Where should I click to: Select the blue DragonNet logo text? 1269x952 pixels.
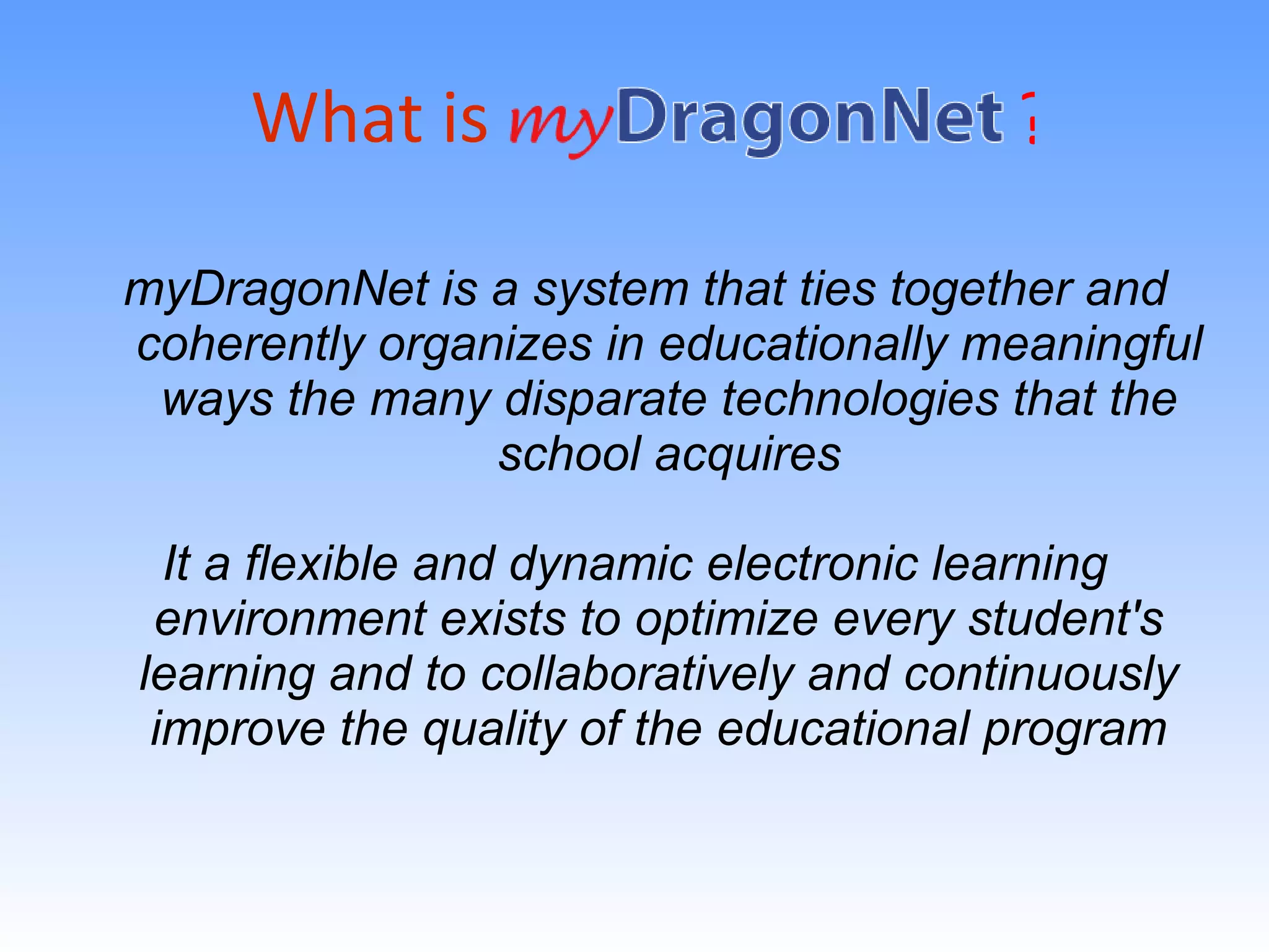(809, 118)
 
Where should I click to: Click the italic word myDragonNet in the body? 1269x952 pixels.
(276, 290)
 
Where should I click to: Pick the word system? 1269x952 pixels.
(611, 290)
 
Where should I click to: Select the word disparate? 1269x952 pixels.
(605, 399)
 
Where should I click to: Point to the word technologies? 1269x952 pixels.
(860, 399)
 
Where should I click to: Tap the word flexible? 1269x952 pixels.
(322, 564)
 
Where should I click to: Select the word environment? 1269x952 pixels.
(291, 619)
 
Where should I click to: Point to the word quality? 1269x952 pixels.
(494, 730)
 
